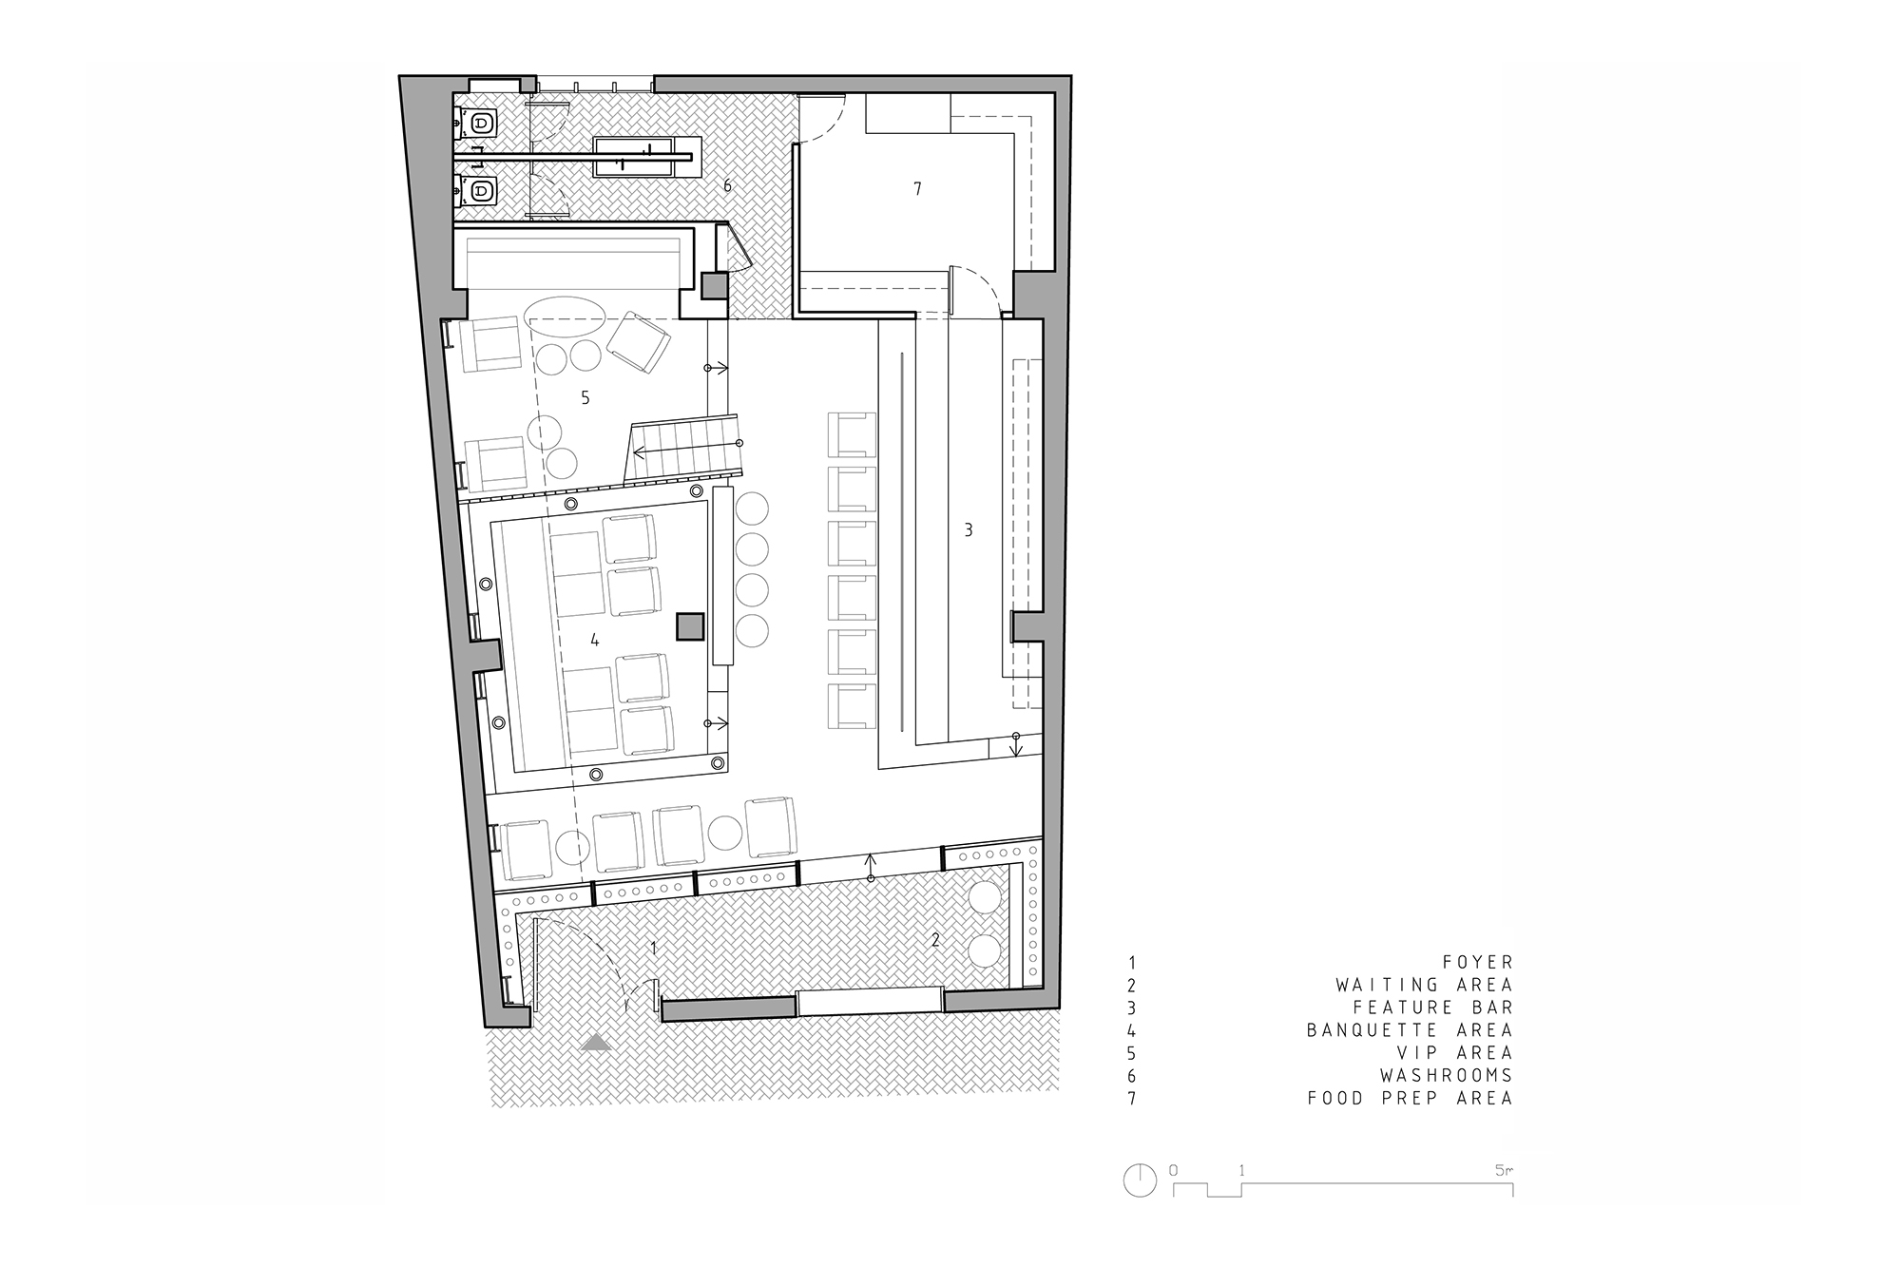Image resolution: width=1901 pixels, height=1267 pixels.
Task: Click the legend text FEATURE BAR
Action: (1432, 1008)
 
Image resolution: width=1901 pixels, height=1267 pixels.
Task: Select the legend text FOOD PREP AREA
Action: (1410, 1099)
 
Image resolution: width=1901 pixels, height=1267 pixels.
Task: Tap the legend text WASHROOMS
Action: (1447, 1076)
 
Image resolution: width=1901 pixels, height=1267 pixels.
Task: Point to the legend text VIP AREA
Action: (1454, 1053)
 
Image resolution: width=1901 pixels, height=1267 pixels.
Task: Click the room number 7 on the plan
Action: (917, 189)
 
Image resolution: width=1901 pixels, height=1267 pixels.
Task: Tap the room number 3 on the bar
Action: (969, 530)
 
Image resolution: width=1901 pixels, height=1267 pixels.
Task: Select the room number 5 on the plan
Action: (586, 398)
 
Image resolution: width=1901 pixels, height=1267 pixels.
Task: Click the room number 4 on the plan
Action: (595, 641)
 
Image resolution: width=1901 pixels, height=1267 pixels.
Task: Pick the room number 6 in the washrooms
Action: (728, 185)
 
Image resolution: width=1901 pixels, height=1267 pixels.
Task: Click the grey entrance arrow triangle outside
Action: (597, 1043)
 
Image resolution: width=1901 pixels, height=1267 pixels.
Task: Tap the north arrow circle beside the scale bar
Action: (1140, 1181)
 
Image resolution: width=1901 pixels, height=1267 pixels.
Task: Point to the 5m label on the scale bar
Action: (1504, 1171)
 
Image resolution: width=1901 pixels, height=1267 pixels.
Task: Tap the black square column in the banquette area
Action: (690, 627)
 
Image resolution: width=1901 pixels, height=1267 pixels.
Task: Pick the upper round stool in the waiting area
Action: (985, 898)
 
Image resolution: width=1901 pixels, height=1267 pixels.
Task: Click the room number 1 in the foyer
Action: (654, 948)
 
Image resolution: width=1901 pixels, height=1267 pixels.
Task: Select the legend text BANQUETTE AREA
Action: (1410, 1030)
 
